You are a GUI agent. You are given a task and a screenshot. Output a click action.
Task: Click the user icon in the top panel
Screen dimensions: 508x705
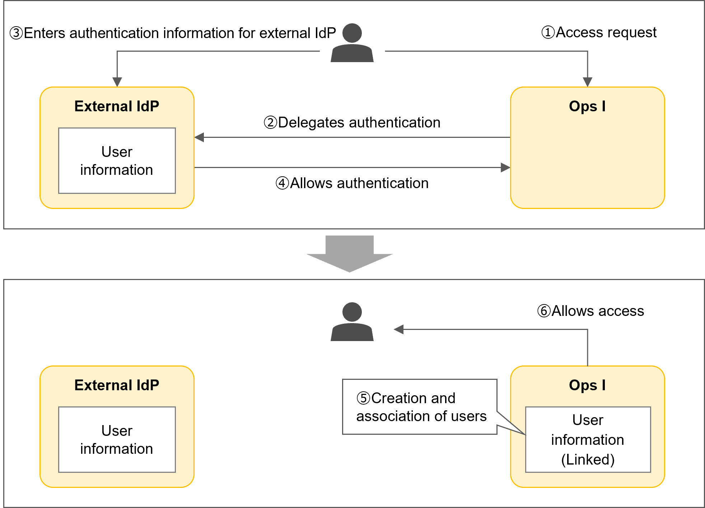(x=352, y=43)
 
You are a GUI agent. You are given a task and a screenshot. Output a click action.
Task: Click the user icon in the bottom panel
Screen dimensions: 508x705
(x=352, y=322)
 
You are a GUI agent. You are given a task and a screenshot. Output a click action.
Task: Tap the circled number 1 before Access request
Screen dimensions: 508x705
(x=548, y=32)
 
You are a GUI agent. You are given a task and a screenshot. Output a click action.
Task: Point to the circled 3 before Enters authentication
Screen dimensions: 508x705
(x=16, y=33)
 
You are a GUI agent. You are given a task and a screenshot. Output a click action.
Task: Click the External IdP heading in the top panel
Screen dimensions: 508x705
(x=117, y=106)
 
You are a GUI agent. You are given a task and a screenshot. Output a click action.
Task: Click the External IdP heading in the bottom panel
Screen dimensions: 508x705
(x=117, y=385)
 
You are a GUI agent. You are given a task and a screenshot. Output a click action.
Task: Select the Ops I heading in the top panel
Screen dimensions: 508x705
(x=587, y=106)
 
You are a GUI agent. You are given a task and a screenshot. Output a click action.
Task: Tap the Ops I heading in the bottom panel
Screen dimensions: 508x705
(x=587, y=385)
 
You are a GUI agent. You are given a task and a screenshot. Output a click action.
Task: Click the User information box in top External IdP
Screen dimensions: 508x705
(x=117, y=161)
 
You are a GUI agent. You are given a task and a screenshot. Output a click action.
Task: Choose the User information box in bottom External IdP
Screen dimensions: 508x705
(x=117, y=440)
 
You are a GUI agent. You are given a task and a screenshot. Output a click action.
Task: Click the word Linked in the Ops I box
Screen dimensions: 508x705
(x=588, y=460)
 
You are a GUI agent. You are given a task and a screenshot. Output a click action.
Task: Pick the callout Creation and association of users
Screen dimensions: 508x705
(x=420, y=407)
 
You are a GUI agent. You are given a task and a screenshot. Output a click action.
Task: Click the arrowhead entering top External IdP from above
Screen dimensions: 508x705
(x=117, y=82)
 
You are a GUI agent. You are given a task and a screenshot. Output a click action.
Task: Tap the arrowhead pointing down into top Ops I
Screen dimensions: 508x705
(x=587, y=82)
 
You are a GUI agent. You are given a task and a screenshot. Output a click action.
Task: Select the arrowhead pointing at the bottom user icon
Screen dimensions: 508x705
(x=398, y=329)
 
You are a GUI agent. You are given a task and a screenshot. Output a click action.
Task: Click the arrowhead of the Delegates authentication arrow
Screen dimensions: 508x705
(x=199, y=137)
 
